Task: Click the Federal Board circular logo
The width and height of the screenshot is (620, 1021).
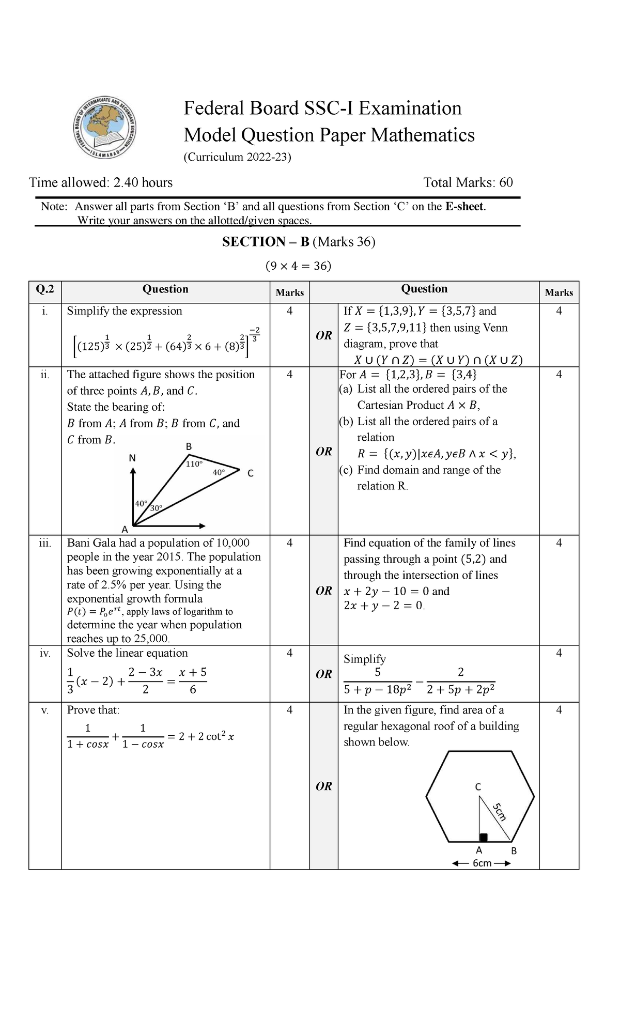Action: tap(104, 127)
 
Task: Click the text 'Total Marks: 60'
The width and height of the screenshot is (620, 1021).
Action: tap(468, 182)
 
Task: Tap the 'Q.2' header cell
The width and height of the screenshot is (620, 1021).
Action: tap(45, 289)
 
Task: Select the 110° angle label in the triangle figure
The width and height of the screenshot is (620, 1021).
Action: tap(194, 464)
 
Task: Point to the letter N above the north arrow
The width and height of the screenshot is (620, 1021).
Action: tap(132, 458)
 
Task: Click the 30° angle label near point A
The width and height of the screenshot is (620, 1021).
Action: tap(156, 508)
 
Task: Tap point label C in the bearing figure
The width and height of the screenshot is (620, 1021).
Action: tap(251, 473)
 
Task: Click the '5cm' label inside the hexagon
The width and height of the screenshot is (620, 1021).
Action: tap(499, 812)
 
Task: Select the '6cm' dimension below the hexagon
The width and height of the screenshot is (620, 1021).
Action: tap(482, 863)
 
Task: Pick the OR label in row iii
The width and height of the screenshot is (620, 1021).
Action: tap(323, 591)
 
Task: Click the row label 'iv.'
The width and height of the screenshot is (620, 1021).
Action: tap(45, 653)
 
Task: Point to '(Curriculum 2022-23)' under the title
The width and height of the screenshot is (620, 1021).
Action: tap(238, 157)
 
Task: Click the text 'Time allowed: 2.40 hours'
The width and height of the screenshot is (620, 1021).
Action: tap(101, 182)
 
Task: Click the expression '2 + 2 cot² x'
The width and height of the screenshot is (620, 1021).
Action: tap(206, 737)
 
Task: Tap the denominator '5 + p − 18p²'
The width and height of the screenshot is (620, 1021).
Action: tap(377, 689)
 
